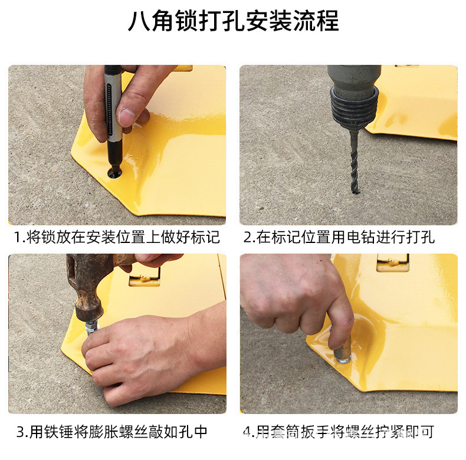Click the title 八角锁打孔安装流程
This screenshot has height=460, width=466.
pos(233,22)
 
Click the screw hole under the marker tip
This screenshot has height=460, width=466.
pos(114,173)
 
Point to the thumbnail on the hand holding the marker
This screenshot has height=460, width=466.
pos(126,117)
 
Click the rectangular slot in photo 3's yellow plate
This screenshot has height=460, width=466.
pos(145,277)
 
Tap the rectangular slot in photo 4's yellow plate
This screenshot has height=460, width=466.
pos(392,262)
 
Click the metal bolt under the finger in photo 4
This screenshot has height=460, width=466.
pos(342,353)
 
